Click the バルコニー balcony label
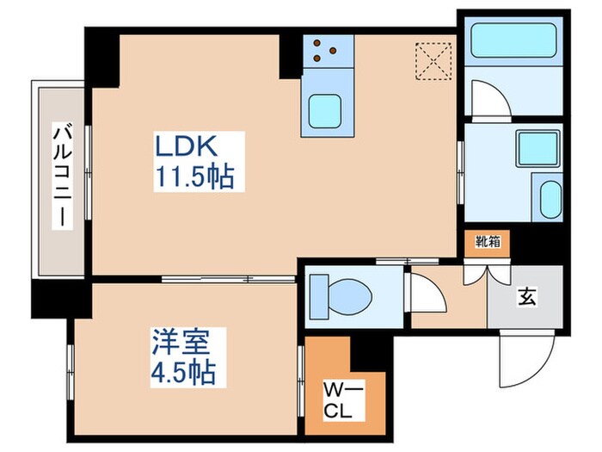coord(59,176)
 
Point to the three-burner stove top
coord(323,49)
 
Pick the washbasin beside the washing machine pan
coord(547,197)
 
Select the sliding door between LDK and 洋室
coord(228,279)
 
